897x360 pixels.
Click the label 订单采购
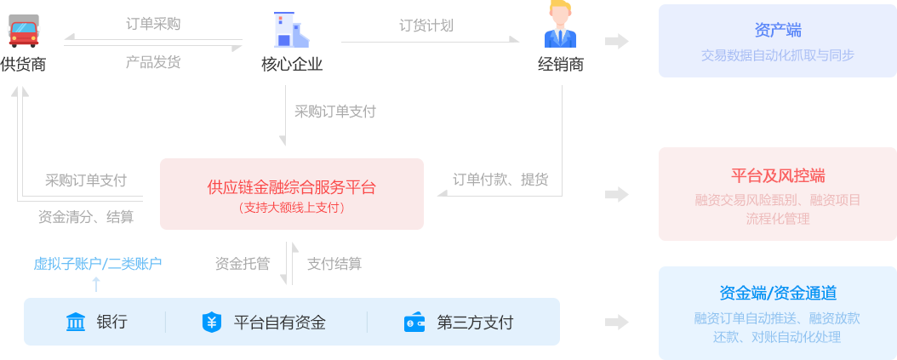click(153, 24)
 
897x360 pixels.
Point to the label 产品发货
click(153, 62)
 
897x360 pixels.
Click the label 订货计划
click(426, 25)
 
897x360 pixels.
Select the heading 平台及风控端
click(777, 176)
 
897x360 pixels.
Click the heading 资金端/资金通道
click(777, 294)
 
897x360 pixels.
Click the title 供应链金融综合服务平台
click(291, 186)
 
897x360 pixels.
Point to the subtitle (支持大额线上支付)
click(291, 207)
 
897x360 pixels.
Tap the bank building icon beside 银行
click(76, 323)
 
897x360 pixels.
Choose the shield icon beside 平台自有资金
click(211, 323)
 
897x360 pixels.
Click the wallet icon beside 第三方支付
click(414, 323)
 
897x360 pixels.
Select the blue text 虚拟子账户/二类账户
click(98, 264)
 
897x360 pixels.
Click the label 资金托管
click(243, 264)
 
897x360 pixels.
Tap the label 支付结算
click(334, 264)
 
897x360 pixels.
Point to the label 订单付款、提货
click(500, 180)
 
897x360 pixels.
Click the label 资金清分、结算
click(86, 217)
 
